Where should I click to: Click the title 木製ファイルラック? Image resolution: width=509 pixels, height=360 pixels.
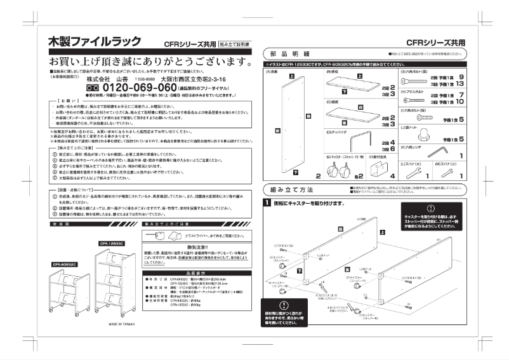(95, 41)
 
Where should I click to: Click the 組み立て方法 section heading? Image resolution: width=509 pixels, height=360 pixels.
(291, 190)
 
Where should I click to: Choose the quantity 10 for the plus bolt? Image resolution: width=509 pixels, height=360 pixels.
(459, 102)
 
